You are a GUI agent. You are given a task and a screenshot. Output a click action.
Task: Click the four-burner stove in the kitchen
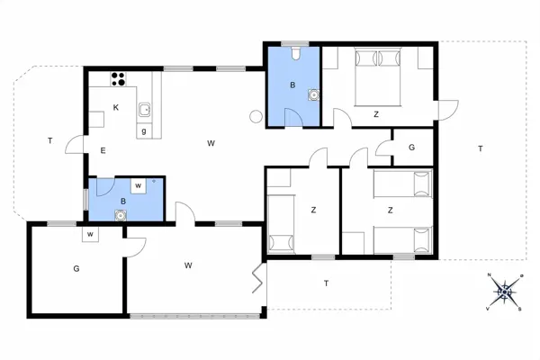pos(117,78)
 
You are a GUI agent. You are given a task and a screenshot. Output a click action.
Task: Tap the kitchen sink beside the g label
pos(144,112)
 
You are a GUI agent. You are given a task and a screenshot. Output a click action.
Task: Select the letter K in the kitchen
pos(116,108)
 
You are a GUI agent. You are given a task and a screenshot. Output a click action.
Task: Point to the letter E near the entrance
pos(103,150)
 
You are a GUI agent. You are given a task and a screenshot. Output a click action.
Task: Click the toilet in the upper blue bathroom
pos(295,52)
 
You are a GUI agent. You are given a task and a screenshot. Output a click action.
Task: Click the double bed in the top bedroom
pos(377,77)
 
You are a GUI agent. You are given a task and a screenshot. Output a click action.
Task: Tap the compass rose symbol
pos(505,290)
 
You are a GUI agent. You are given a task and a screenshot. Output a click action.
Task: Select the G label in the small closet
pos(411,147)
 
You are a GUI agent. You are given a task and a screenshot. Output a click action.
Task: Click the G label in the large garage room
pos(76,267)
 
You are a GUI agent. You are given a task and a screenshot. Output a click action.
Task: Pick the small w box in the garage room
pos(91,235)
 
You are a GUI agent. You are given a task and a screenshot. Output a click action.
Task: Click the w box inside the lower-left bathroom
pos(139,186)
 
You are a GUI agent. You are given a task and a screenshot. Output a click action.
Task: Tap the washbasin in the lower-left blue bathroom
pos(120,214)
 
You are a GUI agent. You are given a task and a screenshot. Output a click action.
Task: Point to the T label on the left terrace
pos(50,140)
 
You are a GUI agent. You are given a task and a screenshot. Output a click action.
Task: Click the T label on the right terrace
pos(480,148)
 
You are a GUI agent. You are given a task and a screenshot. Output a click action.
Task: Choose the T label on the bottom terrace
pos(325,284)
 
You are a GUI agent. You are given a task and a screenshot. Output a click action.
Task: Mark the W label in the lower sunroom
pos(189,265)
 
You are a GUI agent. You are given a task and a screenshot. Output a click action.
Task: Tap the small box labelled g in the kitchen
pos(144,131)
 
